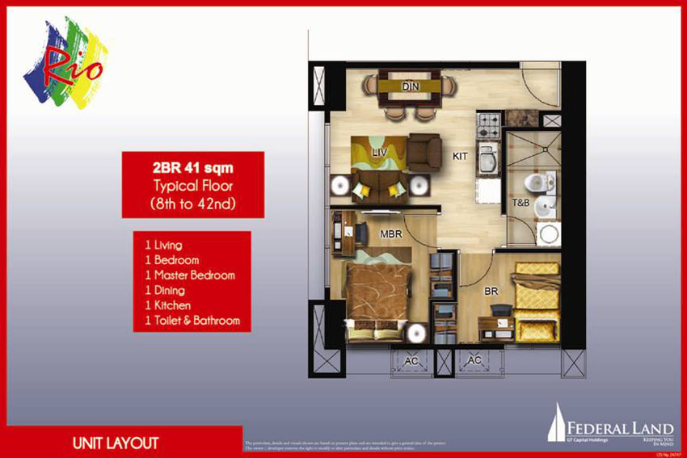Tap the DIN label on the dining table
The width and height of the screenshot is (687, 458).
tap(411, 86)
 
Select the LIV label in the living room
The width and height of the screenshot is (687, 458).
tap(377, 152)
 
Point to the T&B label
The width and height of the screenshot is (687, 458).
tap(521, 204)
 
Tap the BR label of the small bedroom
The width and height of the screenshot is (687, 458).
tap(491, 288)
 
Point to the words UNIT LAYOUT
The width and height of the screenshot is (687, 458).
tap(114, 443)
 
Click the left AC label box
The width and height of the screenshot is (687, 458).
tap(411, 361)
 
